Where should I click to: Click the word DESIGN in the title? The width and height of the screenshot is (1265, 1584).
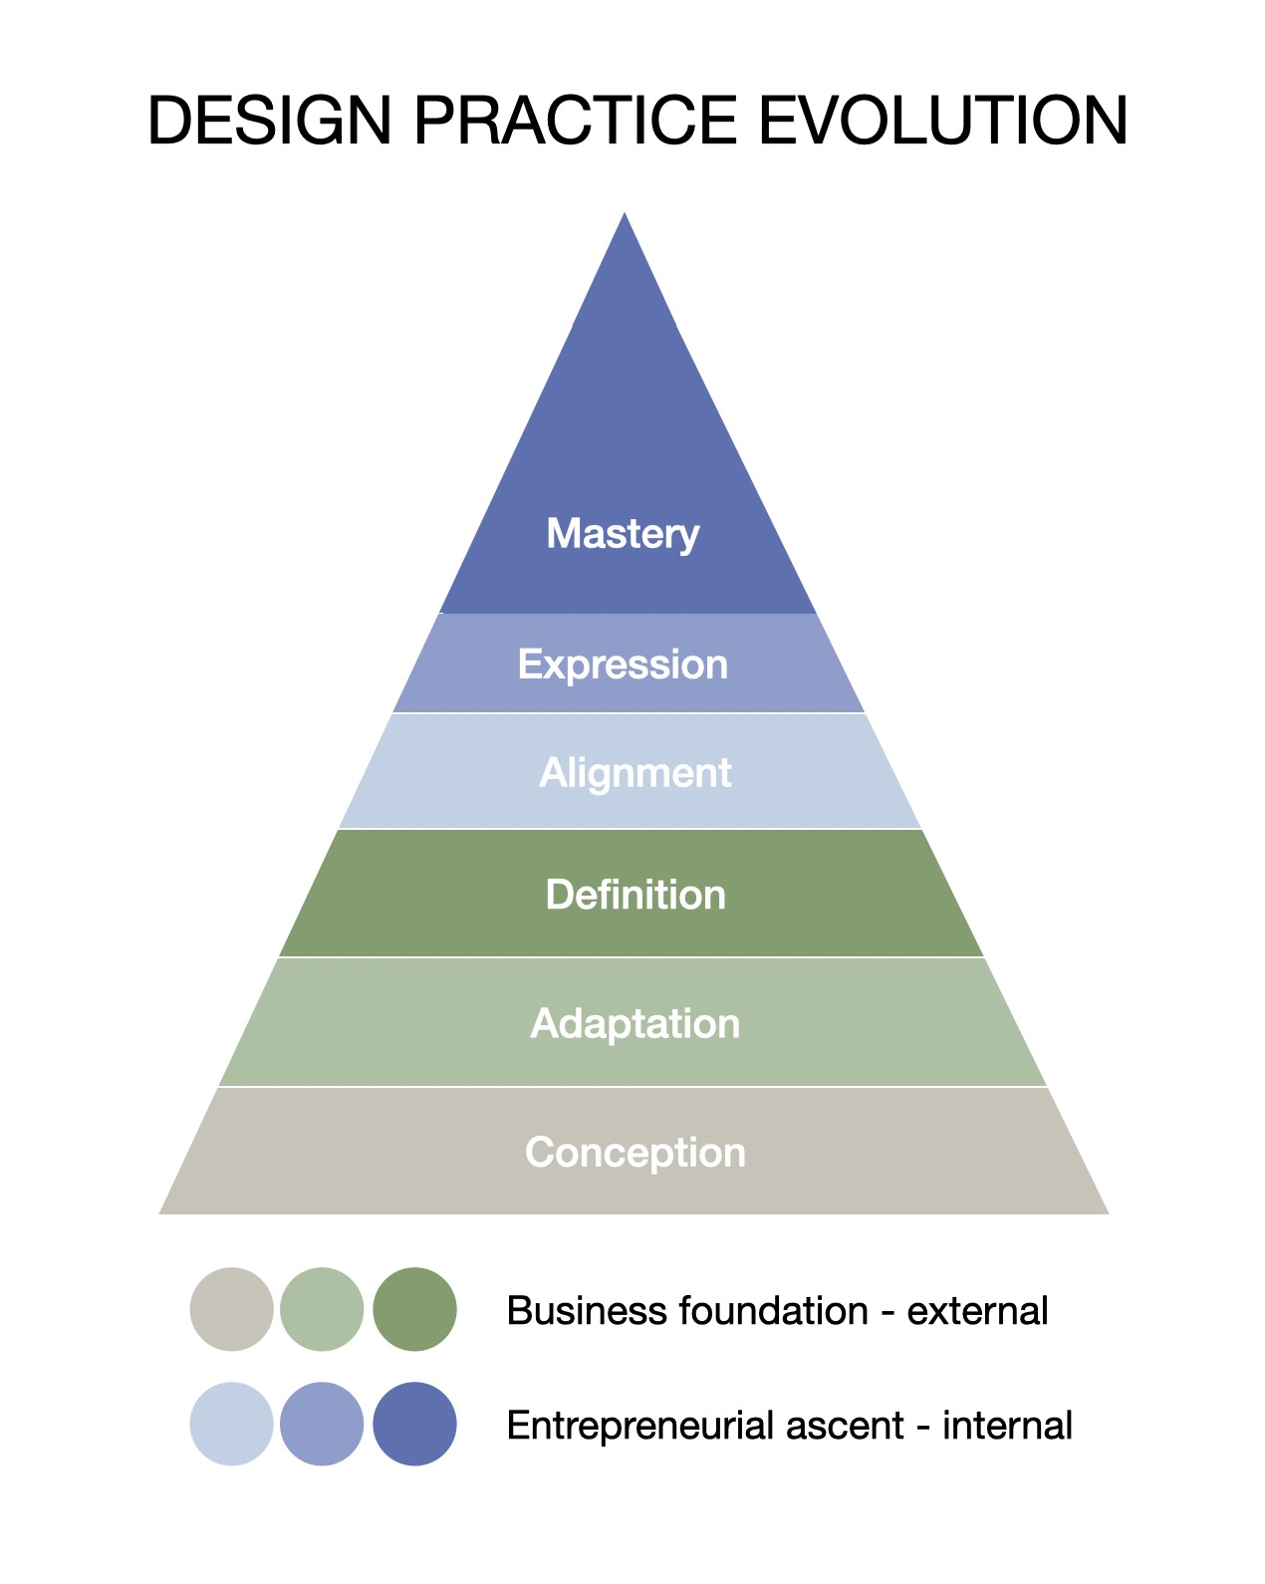269,121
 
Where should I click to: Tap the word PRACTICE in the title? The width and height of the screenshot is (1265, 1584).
575,121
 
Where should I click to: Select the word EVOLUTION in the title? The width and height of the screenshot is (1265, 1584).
943,121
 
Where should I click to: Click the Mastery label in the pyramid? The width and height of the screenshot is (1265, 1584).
623,534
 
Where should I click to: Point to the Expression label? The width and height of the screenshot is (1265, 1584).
623,664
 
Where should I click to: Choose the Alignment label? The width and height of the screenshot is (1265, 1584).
634,773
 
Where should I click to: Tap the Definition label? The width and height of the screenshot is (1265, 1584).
635,895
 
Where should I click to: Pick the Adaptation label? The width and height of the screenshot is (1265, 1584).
635,1023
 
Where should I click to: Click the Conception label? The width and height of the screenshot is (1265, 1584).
635,1153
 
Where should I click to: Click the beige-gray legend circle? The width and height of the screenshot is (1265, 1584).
231,1309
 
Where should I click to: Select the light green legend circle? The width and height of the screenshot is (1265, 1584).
322,1309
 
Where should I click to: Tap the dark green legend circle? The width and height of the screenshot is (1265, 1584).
414,1309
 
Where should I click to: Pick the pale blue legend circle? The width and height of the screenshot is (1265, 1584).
231,1424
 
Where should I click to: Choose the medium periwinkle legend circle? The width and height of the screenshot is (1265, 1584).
322,1424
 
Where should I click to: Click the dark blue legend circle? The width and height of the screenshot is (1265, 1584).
414,1424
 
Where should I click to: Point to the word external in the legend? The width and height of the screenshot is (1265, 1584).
977,1311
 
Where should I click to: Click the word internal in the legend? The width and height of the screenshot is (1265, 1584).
1007,1427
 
